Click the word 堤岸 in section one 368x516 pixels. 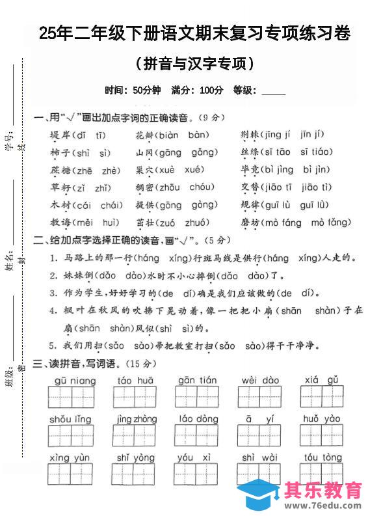click(x=60, y=135)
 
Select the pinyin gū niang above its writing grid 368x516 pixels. click(x=70, y=380)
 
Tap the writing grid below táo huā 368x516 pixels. click(x=135, y=396)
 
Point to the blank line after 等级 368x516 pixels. click(x=273, y=90)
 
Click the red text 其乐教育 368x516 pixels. click(x=323, y=489)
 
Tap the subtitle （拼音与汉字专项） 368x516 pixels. click(x=195, y=64)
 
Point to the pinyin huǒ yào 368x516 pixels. click(x=322, y=419)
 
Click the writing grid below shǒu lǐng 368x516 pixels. click(x=71, y=435)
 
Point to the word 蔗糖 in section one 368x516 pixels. click(x=60, y=170)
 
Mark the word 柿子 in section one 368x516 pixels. click(x=60, y=153)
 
